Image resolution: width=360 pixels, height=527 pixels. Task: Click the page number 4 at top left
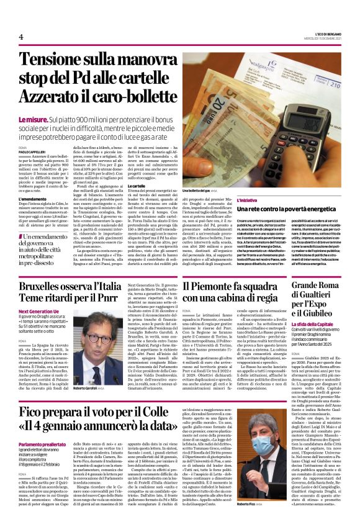(21, 37)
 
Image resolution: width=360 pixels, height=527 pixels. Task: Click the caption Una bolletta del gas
(199, 191)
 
